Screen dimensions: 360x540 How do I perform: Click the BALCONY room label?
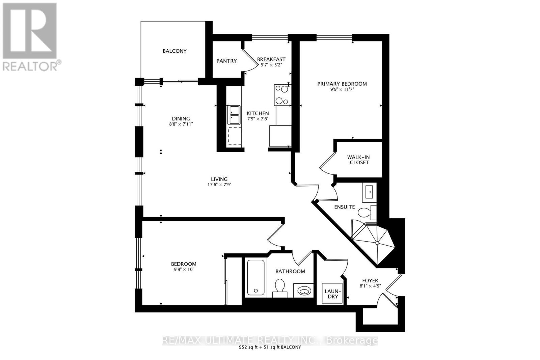(x=174, y=51)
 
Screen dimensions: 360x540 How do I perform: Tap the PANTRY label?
(x=226, y=61)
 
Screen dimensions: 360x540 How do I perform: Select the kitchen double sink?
(x=234, y=115)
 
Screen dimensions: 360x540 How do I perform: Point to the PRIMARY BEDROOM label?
(x=342, y=84)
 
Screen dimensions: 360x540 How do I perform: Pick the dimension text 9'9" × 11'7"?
(x=342, y=90)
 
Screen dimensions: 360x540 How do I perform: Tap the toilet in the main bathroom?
(x=280, y=287)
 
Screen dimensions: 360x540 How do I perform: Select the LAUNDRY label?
(x=333, y=294)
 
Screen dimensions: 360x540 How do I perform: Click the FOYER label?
(x=370, y=281)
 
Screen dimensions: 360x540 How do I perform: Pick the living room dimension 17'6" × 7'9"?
(x=219, y=185)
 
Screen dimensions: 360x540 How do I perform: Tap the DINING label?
(x=181, y=119)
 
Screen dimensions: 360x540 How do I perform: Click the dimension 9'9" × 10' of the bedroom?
(x=184, y=270)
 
